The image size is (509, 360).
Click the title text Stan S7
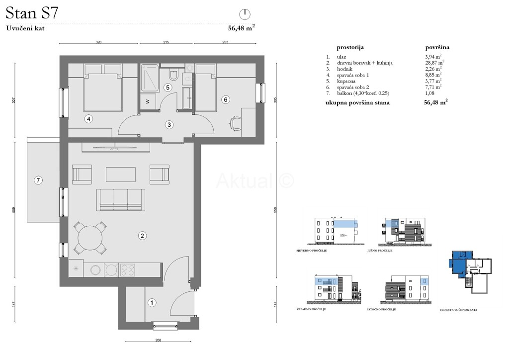[x=32, y=12]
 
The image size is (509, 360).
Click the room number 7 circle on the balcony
[x=38, y=180]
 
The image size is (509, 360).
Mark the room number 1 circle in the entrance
[x=153, y=302]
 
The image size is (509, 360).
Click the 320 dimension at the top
[x=98, y=43]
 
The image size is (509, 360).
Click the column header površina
[x=437, y=48]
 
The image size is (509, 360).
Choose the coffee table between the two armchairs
[x=120, y=175]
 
